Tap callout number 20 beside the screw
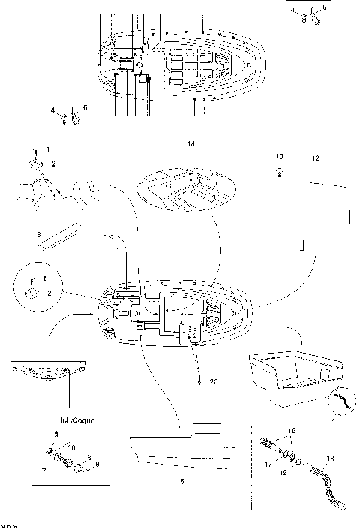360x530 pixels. pyautogui.click(x=214, y=382)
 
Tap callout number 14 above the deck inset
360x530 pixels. pyautogui.click(x=190, y=143)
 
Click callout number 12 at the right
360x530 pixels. pyautogui.click(x=316, y=158)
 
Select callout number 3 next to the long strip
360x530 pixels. pyautogui.click(x=38, y=236)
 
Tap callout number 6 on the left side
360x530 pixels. pyautogui.click(x=85, y=108)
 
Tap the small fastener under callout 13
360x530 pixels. pyautogui.click(x=279, y=173)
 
